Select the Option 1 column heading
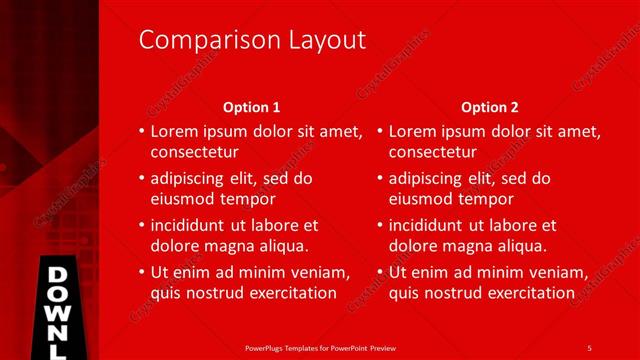251,107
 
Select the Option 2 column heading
490,107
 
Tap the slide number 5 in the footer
589,347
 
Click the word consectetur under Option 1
194,153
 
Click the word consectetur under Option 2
433,153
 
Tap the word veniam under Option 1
318,272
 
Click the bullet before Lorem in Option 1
141,131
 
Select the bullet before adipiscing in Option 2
380,179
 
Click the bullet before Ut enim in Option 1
141,272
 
